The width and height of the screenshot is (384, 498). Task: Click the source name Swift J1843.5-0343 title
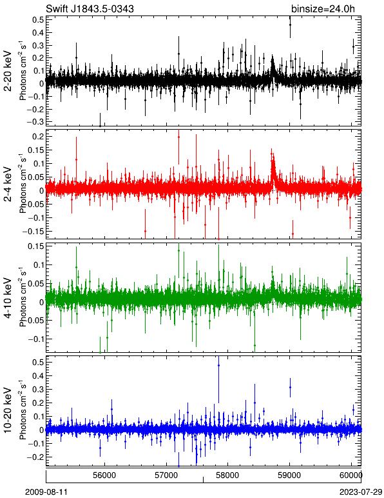90,8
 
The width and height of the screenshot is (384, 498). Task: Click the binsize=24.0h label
323,8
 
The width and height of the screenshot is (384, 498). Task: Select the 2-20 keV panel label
8,71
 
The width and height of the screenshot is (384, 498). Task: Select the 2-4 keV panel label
8,184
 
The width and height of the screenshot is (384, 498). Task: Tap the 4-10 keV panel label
8,297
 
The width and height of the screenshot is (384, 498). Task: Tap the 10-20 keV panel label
8,410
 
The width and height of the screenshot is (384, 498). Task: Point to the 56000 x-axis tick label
104,475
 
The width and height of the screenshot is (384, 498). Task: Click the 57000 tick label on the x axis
166,475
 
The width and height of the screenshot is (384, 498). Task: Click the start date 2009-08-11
46,492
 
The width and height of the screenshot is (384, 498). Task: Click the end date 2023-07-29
361,492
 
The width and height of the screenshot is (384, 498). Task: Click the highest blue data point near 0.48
218,366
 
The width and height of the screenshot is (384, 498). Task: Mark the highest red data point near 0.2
179,137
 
